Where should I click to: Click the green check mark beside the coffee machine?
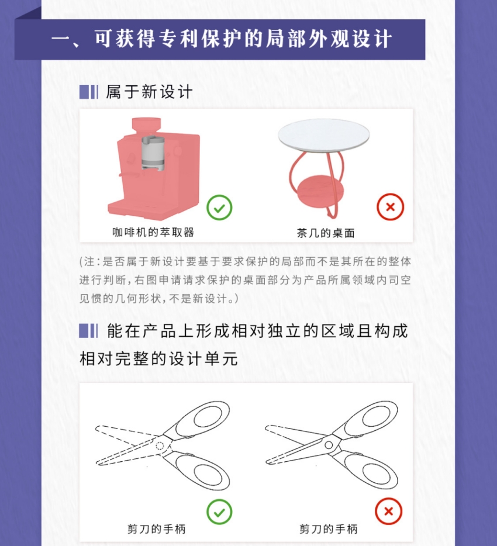click(x=219, y=208)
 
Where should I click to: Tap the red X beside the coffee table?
click(x=390, y=207)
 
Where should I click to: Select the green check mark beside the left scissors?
click(x=219, y=512)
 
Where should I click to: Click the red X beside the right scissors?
click(x=389, y=511)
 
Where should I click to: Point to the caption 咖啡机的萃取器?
click(x=153, y=232)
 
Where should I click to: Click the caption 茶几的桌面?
click(x=326, y=233)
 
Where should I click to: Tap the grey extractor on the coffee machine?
click(x=153, y=153)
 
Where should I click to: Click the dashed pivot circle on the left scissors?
click(x=160, y=445)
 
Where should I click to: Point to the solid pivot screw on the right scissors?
click(x=329, y=445)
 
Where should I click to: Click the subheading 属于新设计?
click(x=149, y=92)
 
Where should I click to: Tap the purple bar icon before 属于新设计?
click(x=88, y=92)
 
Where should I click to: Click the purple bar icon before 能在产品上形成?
click(x=88, y=331)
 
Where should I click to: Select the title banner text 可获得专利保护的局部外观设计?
click(x=243, y=39)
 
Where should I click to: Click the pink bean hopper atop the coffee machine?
click(x=146, y=125)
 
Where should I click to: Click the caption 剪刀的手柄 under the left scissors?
click(x=156, y=529)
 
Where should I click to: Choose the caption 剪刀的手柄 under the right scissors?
click(x=329, y=529)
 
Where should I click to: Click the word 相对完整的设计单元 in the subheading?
click(x=159, y=359)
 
